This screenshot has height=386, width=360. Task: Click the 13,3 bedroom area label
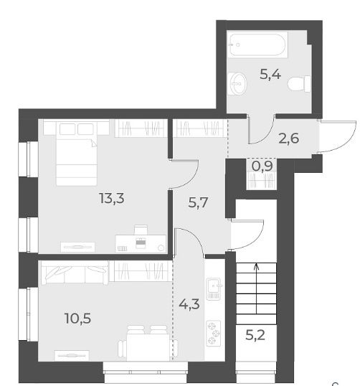pyautogui.click(x=112, y=198)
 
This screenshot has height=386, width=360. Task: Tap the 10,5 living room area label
pyautogui.click(x=77, y=318)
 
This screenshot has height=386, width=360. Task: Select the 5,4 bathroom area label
pyautogui.click(x=270, y=74)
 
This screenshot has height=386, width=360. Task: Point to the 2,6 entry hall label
pyautogui.click(x=288, y=138)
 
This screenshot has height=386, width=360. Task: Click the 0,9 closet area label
pyautogui.click(x=262, y=166)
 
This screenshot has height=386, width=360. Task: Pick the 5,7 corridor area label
pyautogui.click(x=198, y=202)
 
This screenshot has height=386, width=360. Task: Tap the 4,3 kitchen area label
pyautogui.click(x=189, y=304)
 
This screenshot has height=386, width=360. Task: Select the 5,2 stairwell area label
pyautogui.click(x=255, y=335)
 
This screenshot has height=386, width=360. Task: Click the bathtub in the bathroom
pyautogui.click(x=257, y=44)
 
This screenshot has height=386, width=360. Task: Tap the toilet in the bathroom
pyautogui.click(x=299, y=84)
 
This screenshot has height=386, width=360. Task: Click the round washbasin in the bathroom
pyautogui.click(x=237, y=83)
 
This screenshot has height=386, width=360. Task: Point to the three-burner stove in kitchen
pyautogui.click(x=213, y=334)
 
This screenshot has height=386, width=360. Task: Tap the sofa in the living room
pyautogui.click(x=75, y=273)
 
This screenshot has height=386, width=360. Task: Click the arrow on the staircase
pyautogui.click(x=257, y=288)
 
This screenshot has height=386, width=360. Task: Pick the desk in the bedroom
pyautogui.click(x=141, y=243)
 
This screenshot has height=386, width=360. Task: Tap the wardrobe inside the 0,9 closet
pyautogui.click(x=262, y=181)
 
